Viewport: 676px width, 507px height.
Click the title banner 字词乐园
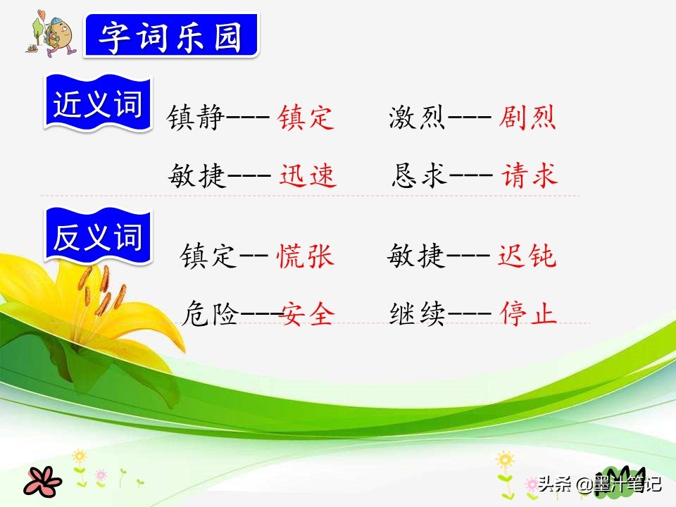[x=172, y=35]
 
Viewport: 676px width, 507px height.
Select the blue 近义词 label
[x=98, y=103]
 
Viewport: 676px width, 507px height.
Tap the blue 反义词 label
[x=98, y=236]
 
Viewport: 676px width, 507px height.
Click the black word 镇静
[x=196, y=118]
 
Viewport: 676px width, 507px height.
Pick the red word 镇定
[x=306, y=118]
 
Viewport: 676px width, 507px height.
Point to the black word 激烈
[x=418, y=118]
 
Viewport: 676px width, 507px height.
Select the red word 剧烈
[x=527, y=118]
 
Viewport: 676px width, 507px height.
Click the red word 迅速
[x=308, y=175]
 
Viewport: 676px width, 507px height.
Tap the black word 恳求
[x=419, y=175]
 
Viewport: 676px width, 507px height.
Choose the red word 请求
[x=530, y=175]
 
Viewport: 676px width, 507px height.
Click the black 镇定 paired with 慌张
[x=208, y=256]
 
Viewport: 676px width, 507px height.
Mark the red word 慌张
[x=305, y=256]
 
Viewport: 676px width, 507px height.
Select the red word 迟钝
[x=527, y=256]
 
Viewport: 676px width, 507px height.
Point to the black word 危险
[x=210, y=313]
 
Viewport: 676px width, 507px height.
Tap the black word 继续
[x=418, y=313]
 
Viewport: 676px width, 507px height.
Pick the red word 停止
[x=529, y=313]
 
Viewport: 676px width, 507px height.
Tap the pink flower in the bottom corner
[x=42, y=481]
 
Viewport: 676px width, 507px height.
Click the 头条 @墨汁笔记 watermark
[x=599, y=484]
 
